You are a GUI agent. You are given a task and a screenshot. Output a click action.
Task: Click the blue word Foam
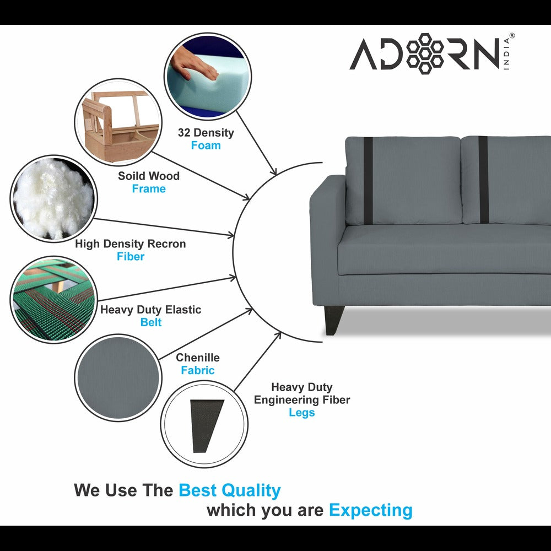[x=206, y=145]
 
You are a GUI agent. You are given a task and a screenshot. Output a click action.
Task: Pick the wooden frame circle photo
[x=118, y=122]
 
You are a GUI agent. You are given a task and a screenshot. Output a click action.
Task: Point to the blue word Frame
[x=148, y=189]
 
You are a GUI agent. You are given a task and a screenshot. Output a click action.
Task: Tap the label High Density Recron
[x=131, y=244]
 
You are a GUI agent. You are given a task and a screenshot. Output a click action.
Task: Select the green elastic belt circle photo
[x=53, y=299]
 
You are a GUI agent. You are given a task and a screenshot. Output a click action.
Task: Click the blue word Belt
[x=150, y=322]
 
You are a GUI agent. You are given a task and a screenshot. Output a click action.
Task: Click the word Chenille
[x=198, y=358]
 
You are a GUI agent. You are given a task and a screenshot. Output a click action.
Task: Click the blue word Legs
[x=301, y=413]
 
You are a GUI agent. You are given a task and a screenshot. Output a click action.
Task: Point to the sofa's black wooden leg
[x=334, y=320]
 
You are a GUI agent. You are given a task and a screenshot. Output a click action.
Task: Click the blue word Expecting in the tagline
[x=370, y=510]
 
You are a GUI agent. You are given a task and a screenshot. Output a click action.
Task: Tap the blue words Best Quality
[x=229, y=490]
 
